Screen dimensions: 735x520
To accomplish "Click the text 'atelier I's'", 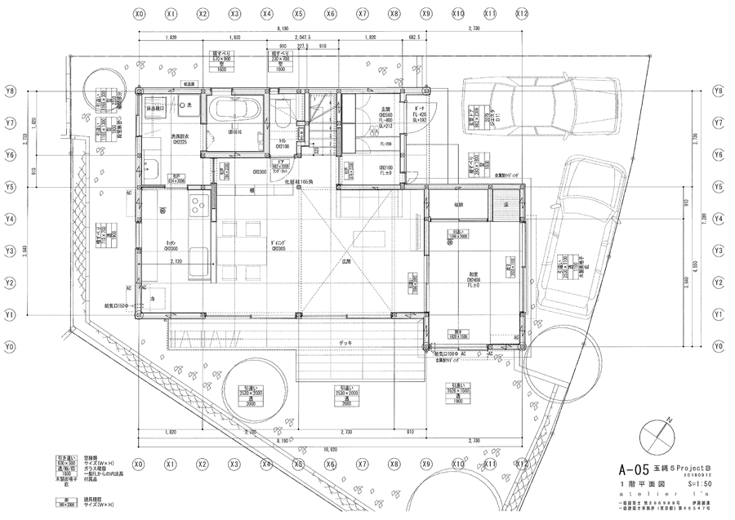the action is click(653, 496).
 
